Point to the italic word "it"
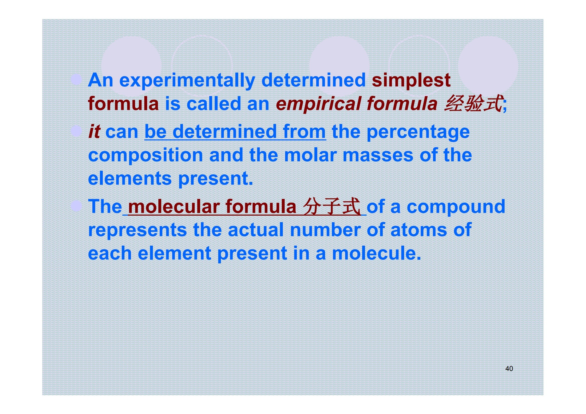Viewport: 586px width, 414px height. [x=94, y=131]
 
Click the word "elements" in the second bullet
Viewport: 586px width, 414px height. [x=130, y=179]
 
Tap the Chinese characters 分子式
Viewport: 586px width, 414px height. [x=332, y=206]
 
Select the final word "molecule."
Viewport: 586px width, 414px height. [x=376, y=253]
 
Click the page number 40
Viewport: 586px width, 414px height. [x=509, y=369]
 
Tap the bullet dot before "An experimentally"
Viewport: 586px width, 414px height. [x=76, y=79]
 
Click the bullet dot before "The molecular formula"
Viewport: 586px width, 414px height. [x=76, y=206]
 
